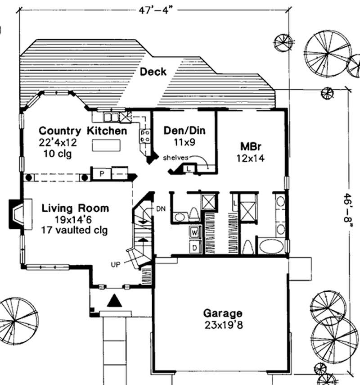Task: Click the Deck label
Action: click(153, 72)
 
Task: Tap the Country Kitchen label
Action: click(83, 131)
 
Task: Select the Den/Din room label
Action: click(184, 131)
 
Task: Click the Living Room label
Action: click(75, 208)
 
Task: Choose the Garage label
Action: click(222, 313)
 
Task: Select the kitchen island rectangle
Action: click(107, 145)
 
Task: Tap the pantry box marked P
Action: click(101, 173)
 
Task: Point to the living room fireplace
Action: click(19, 215)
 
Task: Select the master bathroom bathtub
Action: click(271, 246)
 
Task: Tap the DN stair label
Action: click(161, 209)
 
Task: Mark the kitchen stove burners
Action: click(145, 136)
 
